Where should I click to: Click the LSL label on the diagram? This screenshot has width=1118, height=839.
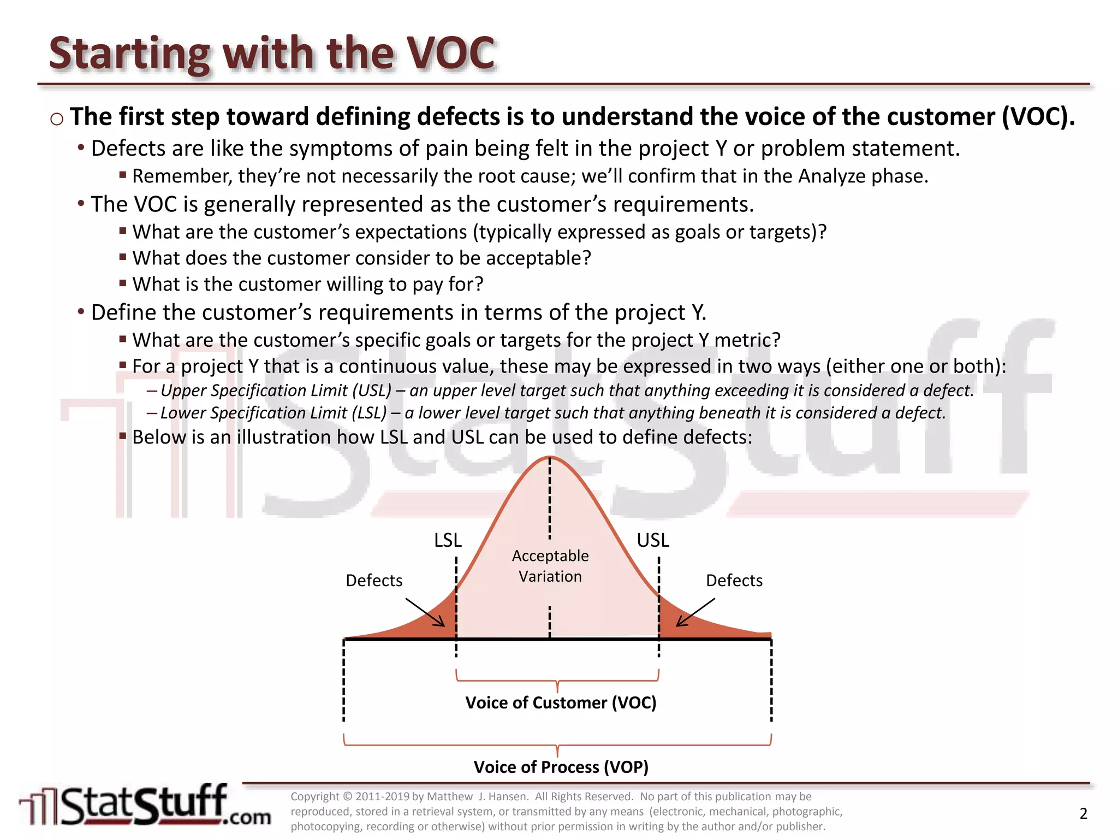[448, 540]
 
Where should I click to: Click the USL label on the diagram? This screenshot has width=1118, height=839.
[652, 540]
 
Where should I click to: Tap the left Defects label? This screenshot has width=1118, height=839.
[374, 580]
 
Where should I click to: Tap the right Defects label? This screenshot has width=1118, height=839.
[734, 580]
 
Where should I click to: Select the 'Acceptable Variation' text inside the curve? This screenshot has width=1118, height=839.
[550, 566]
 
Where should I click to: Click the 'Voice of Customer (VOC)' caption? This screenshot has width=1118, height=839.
[561, 702]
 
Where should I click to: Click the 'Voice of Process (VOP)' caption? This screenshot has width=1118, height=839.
[561, 767]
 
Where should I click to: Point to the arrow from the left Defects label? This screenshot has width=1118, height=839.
[425, 612]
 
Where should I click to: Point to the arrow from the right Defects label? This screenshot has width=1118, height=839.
[695, 612]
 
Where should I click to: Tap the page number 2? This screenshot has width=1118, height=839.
[1084, 813]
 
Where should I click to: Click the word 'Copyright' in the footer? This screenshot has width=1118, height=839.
[315, 796]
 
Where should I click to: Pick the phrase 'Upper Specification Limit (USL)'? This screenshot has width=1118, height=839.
[276, 391]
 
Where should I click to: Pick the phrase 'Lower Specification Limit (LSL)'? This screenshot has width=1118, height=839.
[273, 413]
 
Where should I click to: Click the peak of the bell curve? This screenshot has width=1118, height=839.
[550, 457]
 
